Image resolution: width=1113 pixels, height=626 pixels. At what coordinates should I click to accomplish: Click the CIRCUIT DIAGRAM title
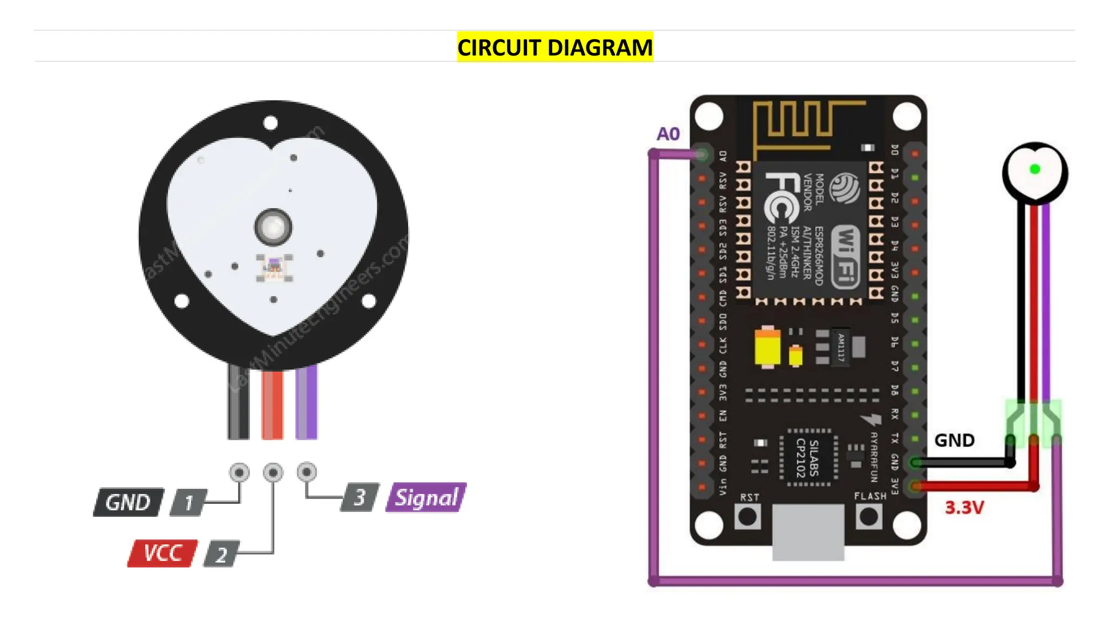554,47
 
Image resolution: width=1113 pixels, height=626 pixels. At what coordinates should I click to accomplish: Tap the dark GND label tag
128,502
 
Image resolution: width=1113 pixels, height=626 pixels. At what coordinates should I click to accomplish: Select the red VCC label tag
162,553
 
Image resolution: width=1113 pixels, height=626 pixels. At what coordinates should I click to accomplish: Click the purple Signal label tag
426,497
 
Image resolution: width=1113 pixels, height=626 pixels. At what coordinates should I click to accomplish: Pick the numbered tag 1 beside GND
188,503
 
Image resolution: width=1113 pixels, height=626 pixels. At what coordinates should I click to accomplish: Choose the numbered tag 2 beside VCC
221,554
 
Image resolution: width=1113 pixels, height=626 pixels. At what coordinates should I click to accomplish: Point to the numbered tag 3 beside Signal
359,497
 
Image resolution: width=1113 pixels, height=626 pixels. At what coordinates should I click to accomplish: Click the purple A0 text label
668,134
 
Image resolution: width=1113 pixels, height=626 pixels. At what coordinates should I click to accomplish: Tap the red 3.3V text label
964,508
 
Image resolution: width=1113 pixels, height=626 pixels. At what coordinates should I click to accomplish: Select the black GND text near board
954,440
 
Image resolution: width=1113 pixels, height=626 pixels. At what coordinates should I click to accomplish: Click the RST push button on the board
748,516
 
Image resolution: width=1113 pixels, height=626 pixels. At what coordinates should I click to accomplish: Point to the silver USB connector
808,531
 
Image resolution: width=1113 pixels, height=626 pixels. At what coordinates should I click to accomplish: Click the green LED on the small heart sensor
1035,170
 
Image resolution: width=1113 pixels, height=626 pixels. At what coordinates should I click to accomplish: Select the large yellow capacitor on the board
767,347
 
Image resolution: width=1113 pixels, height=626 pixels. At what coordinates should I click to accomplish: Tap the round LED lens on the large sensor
273,227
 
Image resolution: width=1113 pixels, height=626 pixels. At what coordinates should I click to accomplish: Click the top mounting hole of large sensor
270,123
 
